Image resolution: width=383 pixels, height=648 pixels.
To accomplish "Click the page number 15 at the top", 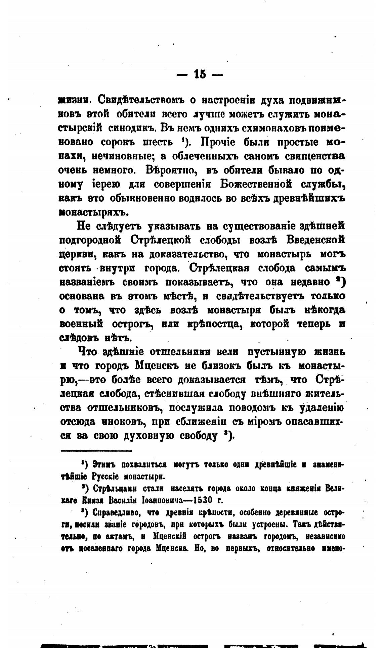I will tap(200, 74).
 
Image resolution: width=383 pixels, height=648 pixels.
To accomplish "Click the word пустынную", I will tap(276, 352).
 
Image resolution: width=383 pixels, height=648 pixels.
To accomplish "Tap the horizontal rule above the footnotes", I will tap(96, 451).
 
